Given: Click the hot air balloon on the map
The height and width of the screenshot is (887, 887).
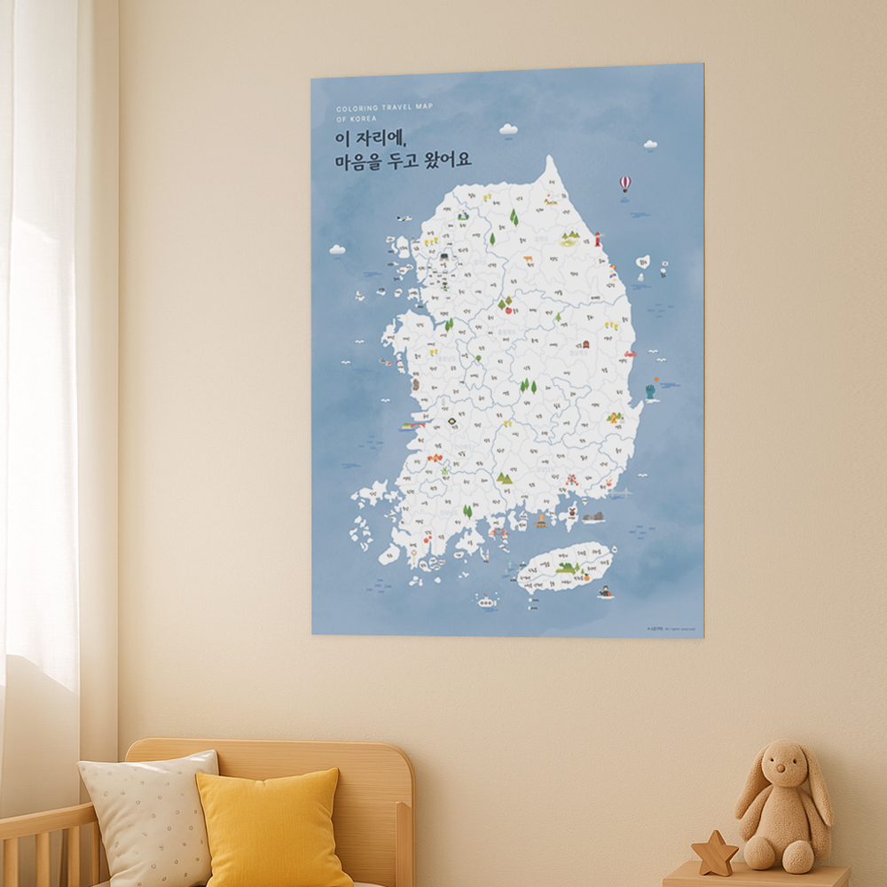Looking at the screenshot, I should tap(624, 184).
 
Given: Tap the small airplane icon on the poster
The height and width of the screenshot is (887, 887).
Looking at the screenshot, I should tap(404, 218).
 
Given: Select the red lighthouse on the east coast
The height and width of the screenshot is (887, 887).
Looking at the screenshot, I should tap(598, 239).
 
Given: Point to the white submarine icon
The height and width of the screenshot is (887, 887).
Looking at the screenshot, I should tap(485, 601).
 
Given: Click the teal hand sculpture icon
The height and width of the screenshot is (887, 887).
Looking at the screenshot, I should tap(651, 389).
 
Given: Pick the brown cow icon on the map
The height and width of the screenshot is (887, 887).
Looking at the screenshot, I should tap(527, 259).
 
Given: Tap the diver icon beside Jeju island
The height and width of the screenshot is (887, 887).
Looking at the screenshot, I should tap(605, 592).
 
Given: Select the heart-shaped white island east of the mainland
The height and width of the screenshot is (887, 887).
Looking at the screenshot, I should tap(643, 263).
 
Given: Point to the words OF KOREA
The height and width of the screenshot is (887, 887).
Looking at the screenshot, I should tap(357, 118).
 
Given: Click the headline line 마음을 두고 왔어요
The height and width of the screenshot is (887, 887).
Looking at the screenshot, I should tap(403, 161).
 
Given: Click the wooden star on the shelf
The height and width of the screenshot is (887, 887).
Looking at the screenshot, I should tap(714, 853).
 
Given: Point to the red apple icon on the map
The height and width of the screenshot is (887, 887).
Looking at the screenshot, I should tap(508, 310).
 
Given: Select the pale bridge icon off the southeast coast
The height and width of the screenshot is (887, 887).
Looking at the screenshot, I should tap(621, 491).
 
